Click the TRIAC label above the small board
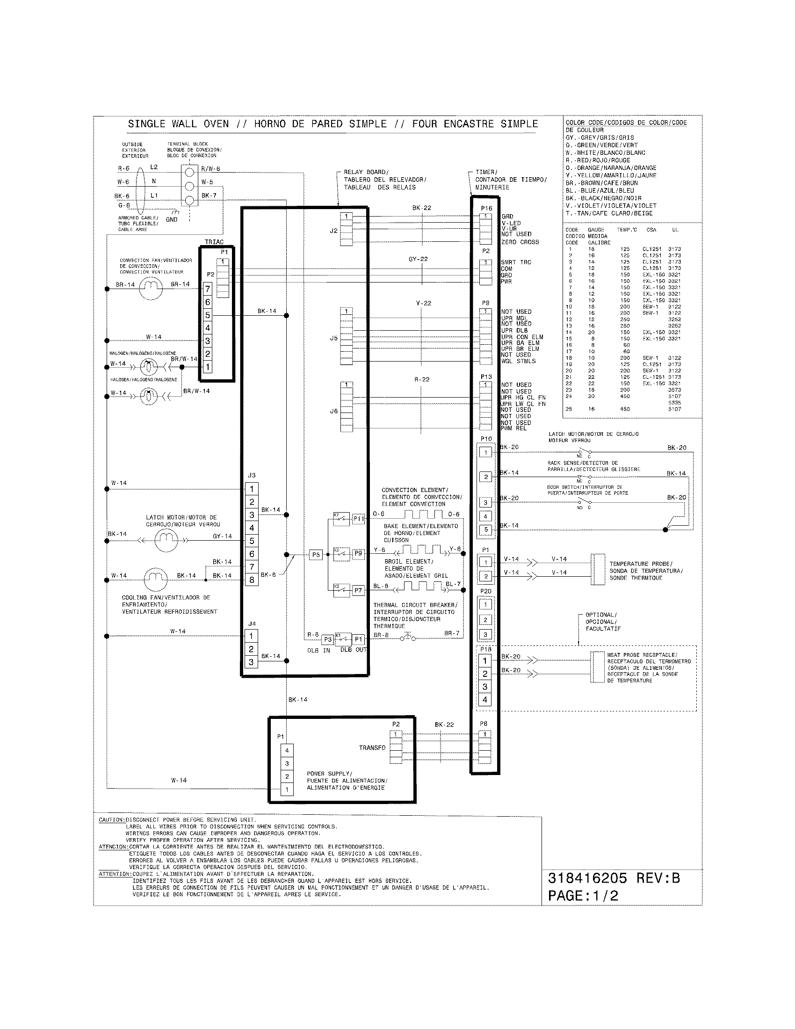(214, 242)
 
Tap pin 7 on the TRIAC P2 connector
(207, 289)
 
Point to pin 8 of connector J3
(252, 580)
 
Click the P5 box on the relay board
(316, 555)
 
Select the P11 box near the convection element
(358, 519)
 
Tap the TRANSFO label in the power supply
(372, 747)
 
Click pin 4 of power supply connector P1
(287, 751)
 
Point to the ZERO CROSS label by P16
(520, 242)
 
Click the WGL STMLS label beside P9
(518, 362)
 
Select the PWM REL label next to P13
(513, 428)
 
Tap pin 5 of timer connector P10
(486, 529)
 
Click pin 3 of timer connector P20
(485, 635)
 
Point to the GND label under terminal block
(172, 219)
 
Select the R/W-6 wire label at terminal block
(210, 169)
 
